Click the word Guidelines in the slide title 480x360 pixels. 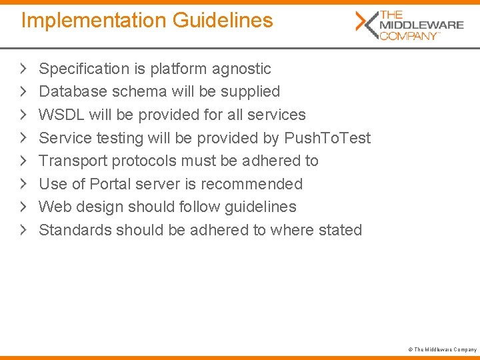(x=223, y=21)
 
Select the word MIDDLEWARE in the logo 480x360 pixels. (x=421, y=25)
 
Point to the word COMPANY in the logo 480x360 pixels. (x=409, y=36)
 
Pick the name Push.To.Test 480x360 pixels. (x=327, y=138)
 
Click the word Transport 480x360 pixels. (x=73, y=161)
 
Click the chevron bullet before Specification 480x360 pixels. (x=23, y=68)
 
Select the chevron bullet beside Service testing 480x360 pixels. (x=23, y=137)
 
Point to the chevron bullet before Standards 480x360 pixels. (x=23, y=229)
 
